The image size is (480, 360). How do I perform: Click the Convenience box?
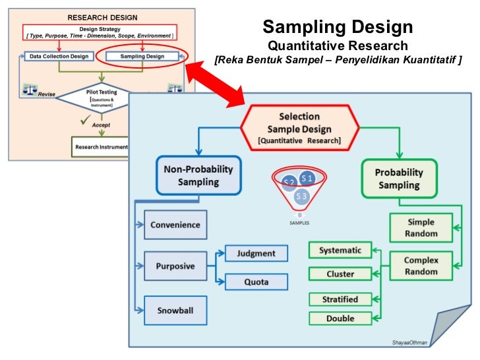(175, 225)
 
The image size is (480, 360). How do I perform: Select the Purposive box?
(175, 266)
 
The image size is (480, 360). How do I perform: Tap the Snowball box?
(175, 309)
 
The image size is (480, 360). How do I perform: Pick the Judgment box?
(256, 253)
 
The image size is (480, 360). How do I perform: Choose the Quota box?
(256, 282)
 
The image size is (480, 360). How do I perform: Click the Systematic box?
(340, 251)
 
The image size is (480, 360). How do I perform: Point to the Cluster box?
(340, 274)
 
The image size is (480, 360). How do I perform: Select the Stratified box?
(340, 299)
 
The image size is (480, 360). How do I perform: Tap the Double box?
(340, 318)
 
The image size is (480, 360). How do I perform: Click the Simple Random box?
(421, 228)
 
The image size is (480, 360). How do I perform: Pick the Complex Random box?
(421, 266)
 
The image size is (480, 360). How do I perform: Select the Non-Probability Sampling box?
(199, 176)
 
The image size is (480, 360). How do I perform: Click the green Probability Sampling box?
(399, 179)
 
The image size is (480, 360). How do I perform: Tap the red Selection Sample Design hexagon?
(299, 128)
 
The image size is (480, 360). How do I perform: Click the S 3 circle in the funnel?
(301, 196)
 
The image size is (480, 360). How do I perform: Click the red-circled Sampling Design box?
(142, 57)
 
